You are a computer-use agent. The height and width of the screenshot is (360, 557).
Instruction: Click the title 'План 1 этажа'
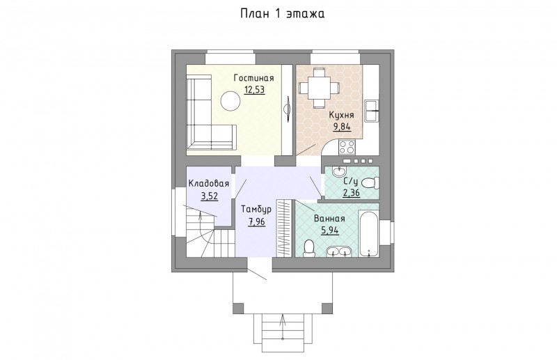click(283, 14)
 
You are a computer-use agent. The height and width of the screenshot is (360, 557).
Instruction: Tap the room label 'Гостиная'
click(253, 78)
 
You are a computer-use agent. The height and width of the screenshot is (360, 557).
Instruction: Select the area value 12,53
click(254, 89)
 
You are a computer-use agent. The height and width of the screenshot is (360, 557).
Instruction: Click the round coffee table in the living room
click(230, 101)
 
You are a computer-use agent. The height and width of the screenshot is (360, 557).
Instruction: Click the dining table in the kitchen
click(319, 88)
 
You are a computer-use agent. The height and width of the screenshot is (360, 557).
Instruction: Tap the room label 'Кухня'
click(341, 115)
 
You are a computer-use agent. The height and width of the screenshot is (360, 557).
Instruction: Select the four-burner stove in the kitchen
click(347, 147)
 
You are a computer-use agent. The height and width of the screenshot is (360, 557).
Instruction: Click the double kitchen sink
click(372, 111)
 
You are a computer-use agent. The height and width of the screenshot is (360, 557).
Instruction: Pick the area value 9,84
click(342, 127)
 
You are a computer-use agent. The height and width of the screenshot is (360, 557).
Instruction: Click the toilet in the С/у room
click(370, 183)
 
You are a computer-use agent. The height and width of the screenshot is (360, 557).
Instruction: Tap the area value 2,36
click(352, 193)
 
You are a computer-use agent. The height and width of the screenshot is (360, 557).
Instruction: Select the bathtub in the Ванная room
click(369, 233)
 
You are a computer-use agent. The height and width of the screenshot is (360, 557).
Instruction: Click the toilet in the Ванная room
click(309, 248)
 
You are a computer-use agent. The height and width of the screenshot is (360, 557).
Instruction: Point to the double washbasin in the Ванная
click(339, 251)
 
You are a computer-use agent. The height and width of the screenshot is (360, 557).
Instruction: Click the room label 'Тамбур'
click(256, 209)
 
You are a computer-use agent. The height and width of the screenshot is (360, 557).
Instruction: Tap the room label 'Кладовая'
click(208, 183)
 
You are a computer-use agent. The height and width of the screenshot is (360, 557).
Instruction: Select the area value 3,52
click(210, 196)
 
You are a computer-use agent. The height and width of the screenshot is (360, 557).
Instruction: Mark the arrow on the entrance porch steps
click(283, 327)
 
